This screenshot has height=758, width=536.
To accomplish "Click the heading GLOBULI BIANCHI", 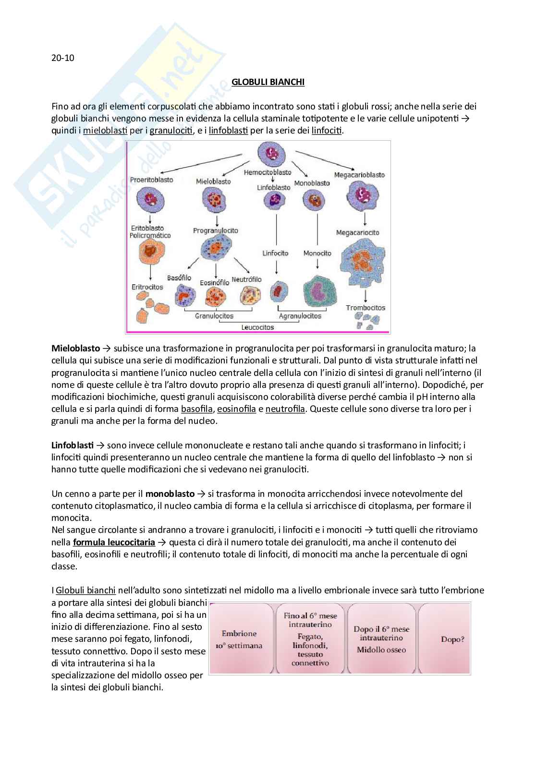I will tap(268, 82).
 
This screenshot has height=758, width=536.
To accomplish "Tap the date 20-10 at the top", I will tap(63, 58).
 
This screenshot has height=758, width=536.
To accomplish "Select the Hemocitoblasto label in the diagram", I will tap(268, 172).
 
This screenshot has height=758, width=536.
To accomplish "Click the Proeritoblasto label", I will tap(151, 180).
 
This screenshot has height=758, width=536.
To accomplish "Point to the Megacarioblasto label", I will tap(359, 175).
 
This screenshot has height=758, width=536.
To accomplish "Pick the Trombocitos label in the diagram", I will tap(365, 308).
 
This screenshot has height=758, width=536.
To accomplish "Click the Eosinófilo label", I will tap(214, 283).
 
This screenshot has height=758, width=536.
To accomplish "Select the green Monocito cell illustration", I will tap(319, 291).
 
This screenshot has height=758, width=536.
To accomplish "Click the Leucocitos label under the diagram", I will tap(257, 327).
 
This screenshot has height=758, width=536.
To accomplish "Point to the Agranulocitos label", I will tap(300, 316).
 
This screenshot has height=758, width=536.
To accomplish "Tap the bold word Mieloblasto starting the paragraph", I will tap(75, 349).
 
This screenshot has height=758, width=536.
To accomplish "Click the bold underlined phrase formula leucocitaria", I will tap(114, 542).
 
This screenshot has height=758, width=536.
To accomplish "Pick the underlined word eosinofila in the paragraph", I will tap(236, 409).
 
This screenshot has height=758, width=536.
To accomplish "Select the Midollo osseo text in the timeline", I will tap(381, 650).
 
